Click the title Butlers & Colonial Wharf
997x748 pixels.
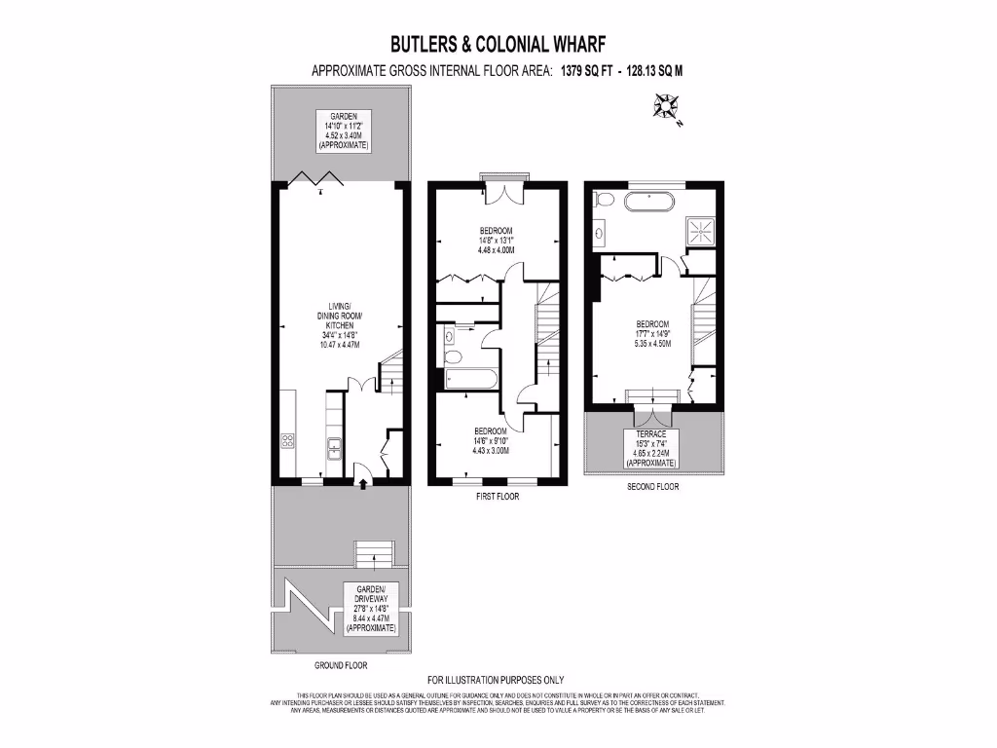point(498,44)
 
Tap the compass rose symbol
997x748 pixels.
point(669,107)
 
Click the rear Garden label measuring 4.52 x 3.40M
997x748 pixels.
point(343,131)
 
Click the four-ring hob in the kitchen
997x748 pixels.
point(288,441)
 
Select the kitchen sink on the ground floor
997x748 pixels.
point(334,448)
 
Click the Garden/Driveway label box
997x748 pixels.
point(371,609)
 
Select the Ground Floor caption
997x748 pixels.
point(341,666)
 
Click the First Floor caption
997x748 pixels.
point(498,497)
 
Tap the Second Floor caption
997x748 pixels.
point(652,487)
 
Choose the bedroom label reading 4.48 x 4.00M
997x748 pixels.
point(497,241)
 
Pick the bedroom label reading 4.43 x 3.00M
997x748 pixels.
point(491,440)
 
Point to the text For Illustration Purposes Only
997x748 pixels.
point(497,680)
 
